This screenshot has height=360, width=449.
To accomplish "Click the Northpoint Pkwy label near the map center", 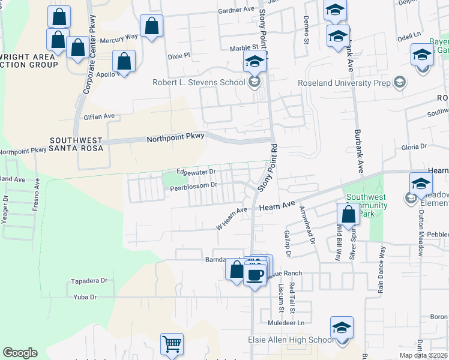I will point(176,139).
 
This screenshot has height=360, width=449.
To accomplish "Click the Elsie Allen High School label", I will point(291,340).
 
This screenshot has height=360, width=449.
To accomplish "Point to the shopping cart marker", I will point(172,344).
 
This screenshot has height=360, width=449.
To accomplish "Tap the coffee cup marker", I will point(255,275).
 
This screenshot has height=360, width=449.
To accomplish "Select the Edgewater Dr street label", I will point(196,172).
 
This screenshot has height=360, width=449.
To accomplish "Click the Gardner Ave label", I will point(237,10).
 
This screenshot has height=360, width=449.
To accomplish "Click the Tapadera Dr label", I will point(89,280).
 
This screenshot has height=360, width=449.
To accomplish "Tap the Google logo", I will point(20,353).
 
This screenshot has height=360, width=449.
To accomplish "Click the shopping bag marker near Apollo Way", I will point(124,61).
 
